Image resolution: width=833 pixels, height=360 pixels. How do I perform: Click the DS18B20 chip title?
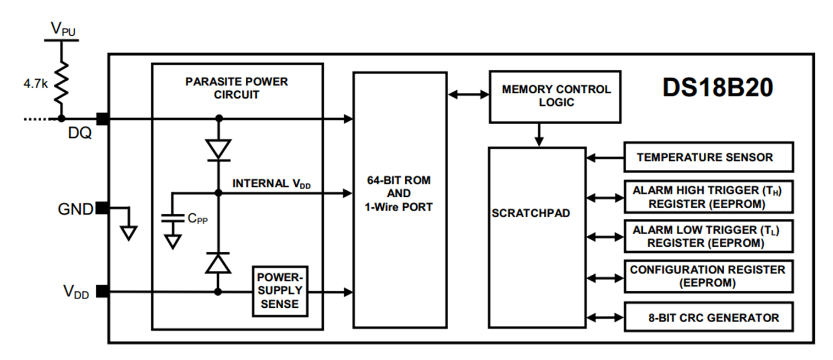tap(718, 88)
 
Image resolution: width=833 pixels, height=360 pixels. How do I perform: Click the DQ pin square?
tap(102, 118)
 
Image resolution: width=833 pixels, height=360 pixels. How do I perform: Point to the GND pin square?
tap(102, 208)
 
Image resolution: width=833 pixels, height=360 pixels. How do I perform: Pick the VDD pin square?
tap(102, 291)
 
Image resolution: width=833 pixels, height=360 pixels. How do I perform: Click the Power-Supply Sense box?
tap(280, 291)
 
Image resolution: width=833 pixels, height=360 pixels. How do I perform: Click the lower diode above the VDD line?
tap(218, 263)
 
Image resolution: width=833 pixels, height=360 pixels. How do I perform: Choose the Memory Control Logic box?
tap(555, 96)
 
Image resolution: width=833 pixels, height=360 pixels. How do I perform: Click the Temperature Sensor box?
tap(708, 157)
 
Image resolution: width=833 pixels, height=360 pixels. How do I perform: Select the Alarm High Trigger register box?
tap(708, 197)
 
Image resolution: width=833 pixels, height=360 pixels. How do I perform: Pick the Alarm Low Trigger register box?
tap(708, 236)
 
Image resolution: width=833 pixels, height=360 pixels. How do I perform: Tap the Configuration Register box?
tap(708, 276)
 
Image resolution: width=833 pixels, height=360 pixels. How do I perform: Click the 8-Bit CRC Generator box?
tap(708, 317)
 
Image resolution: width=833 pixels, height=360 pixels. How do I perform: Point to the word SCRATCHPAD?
tap(531, 213)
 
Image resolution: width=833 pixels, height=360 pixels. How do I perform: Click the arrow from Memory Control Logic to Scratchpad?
tap(539, 135)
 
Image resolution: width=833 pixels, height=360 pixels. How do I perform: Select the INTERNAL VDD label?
tap(272, 183)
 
